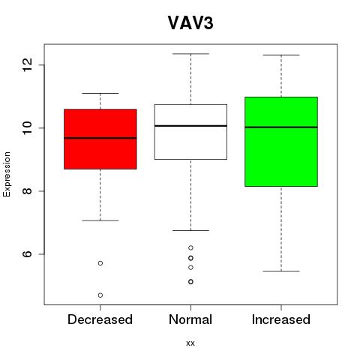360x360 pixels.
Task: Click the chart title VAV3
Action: [190, 23]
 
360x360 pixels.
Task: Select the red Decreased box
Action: [100, 139]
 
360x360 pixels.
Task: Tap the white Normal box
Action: [190, 132]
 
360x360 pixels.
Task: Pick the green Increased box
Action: [281, 142]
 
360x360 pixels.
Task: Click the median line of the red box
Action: [100, 138]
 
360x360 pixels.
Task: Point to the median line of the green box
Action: [281, 127]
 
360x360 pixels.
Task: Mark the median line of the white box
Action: [190, 126]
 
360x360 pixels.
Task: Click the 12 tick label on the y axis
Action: [28, 64]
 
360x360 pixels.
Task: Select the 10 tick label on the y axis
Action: [28, 128]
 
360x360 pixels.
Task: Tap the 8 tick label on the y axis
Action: [28, 191]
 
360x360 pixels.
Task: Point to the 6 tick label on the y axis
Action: [28, 254]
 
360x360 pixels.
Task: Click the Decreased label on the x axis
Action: [100, 319]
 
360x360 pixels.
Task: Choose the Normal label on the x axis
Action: [190, 319]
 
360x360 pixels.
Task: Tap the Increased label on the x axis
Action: [281, 319]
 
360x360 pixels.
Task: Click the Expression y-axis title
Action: [7, 174]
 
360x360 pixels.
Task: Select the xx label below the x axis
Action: [190, 343]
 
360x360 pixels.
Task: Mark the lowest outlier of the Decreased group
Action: [100, 295]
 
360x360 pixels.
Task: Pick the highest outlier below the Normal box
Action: [190, 247]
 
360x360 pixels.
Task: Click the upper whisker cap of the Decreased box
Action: [100, 93]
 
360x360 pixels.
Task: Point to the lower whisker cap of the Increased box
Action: [281, 271]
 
